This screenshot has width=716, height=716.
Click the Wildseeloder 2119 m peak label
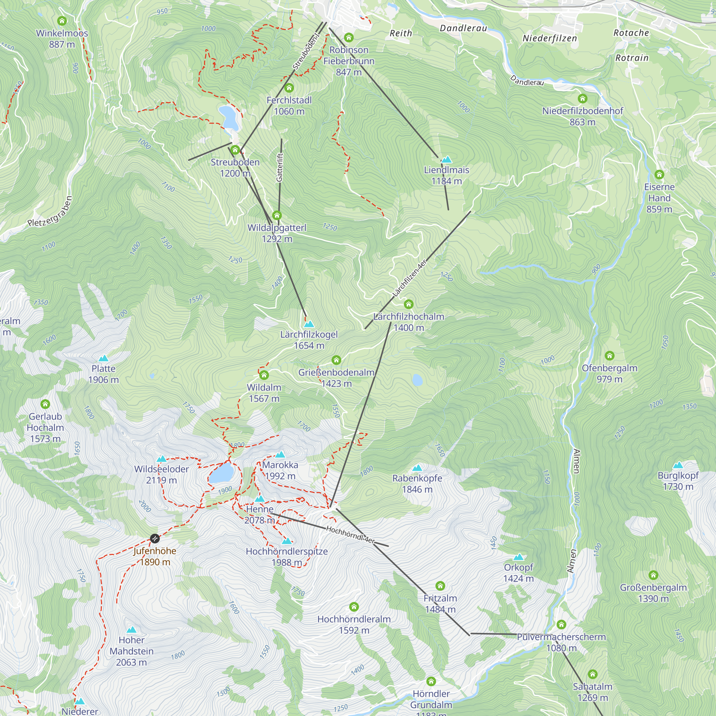(161, 474)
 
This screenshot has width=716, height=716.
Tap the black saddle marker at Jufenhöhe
(155, 538)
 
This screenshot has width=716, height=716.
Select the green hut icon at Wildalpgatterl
(277, 215)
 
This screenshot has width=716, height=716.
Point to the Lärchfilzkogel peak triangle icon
(309, 324)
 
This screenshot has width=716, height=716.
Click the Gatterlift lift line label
(280, 167)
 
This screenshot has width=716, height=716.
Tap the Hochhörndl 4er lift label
(350, 535)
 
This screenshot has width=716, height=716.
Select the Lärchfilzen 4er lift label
(410, 278)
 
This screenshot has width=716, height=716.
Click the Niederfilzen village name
(550, 38)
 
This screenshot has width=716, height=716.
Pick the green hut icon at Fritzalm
(440, 586)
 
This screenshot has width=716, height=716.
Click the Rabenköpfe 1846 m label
(417, 484)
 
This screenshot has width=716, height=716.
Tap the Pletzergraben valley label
(50, 212)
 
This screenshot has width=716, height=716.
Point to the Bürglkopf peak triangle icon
(678, 465)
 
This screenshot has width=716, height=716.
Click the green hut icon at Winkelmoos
(62, 21)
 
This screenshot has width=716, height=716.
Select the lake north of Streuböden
(228, 117)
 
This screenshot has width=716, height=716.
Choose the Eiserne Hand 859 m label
(659, 198)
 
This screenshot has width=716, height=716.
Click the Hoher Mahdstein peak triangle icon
(131, 630)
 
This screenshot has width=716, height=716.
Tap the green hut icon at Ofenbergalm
(609, 356)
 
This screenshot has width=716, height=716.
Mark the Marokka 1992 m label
(280, 470)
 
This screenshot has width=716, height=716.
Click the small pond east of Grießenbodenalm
(417, 380)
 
